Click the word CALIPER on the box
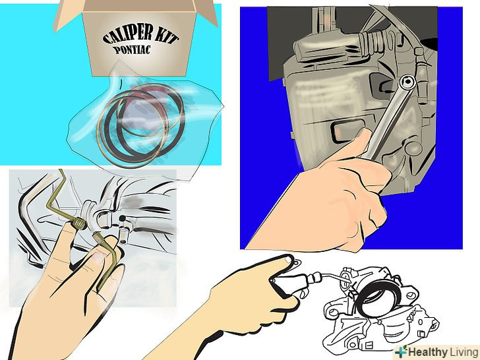tap(127, 34)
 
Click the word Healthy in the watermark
tap(427, 351)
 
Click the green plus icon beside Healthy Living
tap(401, 351)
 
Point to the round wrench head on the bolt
tap(407, 82)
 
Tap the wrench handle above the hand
tap(387, 123)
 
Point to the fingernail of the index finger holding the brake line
tap(99, 256)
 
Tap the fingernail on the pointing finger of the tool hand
tap(287, 260)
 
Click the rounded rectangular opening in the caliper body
tap(347, 132)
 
